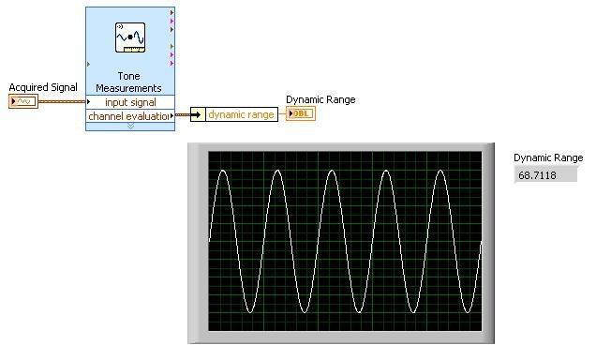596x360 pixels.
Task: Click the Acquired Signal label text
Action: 43,87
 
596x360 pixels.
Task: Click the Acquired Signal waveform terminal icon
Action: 23,101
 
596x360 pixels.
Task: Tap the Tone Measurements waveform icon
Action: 130,37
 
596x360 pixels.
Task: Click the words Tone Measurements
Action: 129,82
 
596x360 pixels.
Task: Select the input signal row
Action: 130,102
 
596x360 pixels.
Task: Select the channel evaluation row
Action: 130,116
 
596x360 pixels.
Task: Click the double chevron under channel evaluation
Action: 130,126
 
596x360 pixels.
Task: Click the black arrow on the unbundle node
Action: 197,114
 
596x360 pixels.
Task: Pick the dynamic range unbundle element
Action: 242,114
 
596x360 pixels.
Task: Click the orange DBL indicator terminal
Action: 301,113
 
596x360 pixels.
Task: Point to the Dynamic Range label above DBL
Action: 320,99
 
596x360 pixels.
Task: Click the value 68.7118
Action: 537,175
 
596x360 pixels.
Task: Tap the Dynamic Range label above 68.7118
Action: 548,157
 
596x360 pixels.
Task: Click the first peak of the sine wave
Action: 223,171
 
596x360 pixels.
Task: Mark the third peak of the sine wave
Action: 332,171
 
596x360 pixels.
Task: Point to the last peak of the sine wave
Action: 440,171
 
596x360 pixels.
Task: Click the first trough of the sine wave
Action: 250,312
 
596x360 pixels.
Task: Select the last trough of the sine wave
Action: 468,312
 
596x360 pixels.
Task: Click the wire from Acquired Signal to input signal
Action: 62,101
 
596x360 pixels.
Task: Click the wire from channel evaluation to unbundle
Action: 183,114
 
